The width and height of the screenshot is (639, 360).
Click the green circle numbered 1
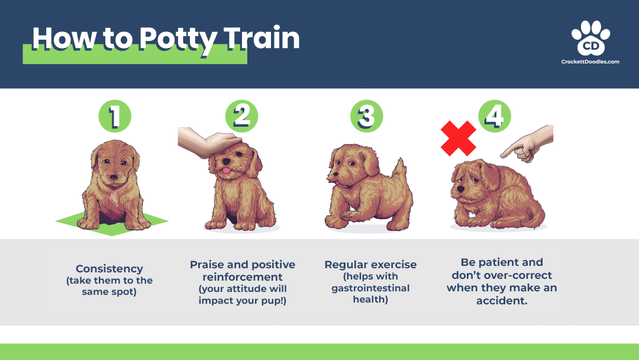[114, 115]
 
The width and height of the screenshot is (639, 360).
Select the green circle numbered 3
[366, 115]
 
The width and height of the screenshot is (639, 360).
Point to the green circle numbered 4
[495, 115]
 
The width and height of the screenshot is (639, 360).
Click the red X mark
[458, 139]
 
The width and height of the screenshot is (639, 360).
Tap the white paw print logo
[590, 39]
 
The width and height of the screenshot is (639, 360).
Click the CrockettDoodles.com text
[590, 62]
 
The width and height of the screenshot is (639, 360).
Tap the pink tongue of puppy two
[225, 171]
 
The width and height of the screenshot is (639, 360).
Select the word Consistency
[109, 269]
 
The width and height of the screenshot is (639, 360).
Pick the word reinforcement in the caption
[243, 277]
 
